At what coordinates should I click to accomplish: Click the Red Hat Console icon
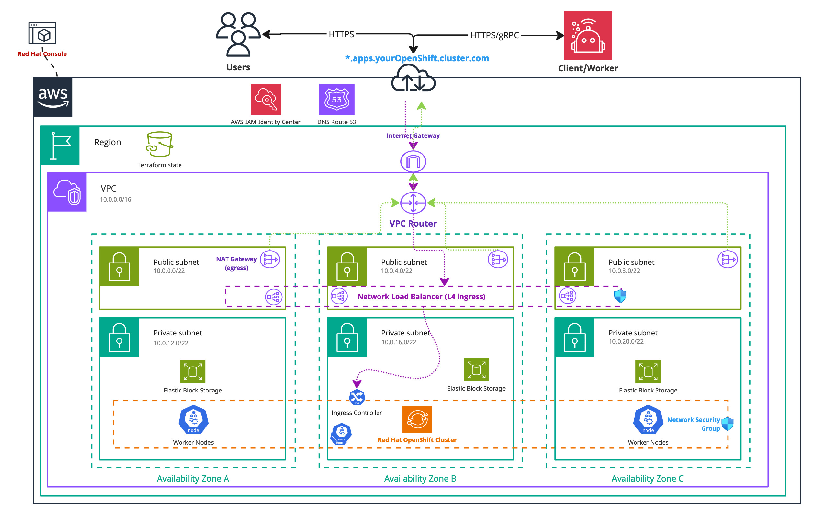coord(42,33)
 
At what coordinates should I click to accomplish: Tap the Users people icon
coord(238,34)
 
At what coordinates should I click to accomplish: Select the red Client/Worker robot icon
coord(588,36)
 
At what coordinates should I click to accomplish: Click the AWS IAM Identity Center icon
coord(266,99)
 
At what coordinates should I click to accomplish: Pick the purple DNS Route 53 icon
coord(336,99)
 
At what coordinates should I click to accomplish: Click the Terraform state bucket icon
coord(159,144)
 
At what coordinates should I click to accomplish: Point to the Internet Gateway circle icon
coord(413,161)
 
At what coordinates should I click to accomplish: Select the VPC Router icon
coord(413,203)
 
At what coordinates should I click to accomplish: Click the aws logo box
coord(53,97)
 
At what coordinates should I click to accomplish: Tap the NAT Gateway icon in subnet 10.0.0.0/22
coord(270,260)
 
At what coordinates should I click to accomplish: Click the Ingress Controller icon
coord(357,397)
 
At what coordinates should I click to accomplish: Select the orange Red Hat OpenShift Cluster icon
coord(417,419)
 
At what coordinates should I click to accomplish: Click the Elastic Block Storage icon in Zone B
coord(476,370)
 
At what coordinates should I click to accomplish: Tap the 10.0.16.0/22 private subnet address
coord(399,342)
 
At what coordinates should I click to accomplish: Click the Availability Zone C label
coord(647,478)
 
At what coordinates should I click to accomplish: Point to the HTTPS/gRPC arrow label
coord(494,35)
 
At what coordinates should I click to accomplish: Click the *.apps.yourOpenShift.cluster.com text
coord(417,58)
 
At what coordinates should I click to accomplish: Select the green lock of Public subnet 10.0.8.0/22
coord(574,266)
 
